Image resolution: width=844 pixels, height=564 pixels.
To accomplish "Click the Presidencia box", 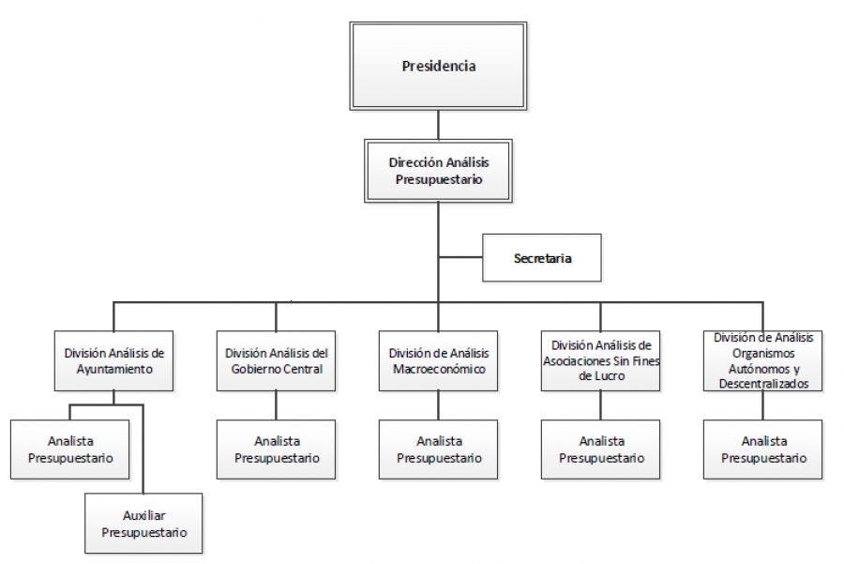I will (438, 67).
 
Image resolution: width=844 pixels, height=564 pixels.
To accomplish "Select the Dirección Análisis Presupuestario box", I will (438, 170).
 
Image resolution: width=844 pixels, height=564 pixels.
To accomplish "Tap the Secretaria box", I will (541, 257).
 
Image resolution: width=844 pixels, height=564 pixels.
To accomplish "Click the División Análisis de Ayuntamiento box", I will (113, 360).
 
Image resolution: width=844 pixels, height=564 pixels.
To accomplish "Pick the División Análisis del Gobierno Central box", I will (276, 360).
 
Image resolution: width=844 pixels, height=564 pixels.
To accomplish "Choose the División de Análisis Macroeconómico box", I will (439, 360).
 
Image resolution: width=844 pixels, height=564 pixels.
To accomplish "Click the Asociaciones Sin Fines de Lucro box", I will (601, 360).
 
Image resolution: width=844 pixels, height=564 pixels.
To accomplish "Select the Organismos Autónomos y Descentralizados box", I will (762, 360).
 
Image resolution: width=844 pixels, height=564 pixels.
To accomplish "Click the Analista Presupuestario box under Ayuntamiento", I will (70, 450).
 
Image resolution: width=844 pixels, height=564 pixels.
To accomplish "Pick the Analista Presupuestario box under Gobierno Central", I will (276, 450).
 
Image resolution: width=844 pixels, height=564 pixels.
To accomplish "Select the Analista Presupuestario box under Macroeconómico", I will (439, 450).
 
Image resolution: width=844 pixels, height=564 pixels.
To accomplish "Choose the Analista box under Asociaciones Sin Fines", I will (601, 450).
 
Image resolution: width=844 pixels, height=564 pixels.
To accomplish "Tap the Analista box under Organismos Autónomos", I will (762, 450).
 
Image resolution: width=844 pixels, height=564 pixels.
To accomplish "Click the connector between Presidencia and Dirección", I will (438, 125).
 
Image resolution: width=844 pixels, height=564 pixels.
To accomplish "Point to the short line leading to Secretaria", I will (460, 257).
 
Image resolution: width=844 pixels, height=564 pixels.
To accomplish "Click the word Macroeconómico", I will (439, 369).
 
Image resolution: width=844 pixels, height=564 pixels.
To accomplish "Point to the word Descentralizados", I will (762, 383).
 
